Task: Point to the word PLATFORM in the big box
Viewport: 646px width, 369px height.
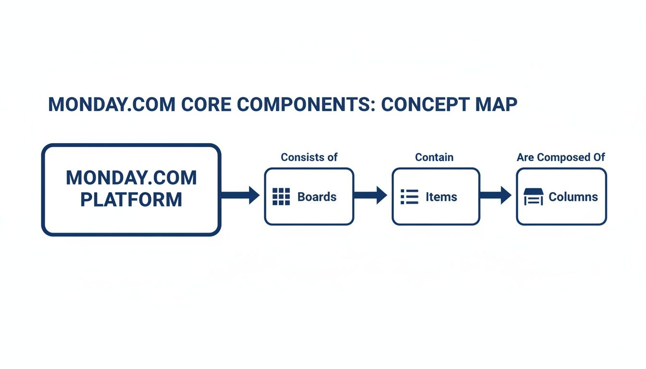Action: [x=131, y=199]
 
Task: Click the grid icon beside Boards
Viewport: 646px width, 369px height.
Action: [x=281, y=197]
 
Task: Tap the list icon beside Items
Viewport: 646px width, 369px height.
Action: [x=410, y=197]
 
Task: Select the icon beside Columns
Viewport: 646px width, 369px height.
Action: [x=533, y=197]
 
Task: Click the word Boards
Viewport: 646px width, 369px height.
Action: [x=317, y=197]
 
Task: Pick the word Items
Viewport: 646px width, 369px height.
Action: [x=441, y=197]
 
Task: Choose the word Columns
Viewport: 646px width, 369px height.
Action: [x=573, y=197]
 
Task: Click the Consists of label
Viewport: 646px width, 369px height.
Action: [x=309, y=157]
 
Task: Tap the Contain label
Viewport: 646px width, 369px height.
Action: [x=434, y=157]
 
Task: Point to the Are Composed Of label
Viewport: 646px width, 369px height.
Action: [x=560, y=157]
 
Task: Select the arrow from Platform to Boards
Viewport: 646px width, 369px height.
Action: [x=240, y=195]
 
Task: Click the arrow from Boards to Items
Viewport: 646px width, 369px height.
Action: [x=371, y=195]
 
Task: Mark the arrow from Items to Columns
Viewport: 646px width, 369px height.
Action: [x=496, y=195]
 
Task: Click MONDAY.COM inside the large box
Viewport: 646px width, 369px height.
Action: [x=131, y=178]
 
